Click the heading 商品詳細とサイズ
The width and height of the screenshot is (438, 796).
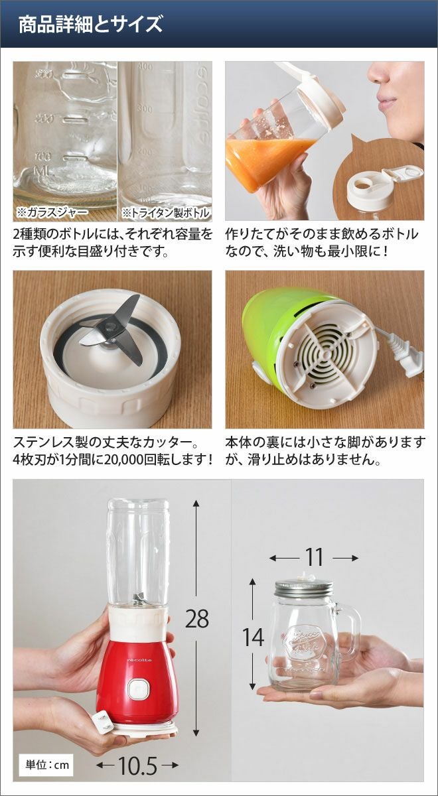click(90, 24)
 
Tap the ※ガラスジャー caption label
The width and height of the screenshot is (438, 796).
click(52, 212)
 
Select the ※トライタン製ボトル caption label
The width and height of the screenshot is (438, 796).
click(165, 212)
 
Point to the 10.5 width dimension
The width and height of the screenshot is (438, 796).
click(138, 763)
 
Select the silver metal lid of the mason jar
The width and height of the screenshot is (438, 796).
click(303, 588)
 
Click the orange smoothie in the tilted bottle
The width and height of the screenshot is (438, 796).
click(269, 161)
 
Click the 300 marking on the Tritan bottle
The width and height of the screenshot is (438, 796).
click(145, 108)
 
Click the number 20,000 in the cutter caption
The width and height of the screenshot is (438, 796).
click(125, 460)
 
